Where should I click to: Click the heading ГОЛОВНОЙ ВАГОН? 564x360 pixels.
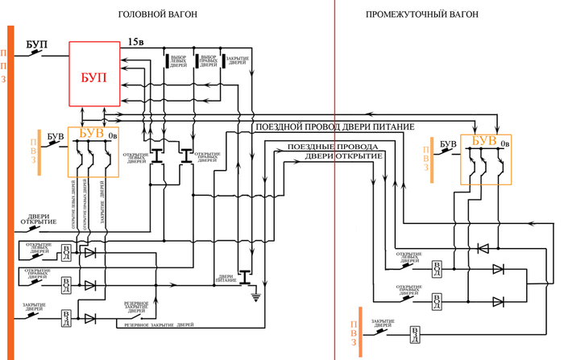pos(156,14)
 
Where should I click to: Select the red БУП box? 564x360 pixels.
pos(94,74)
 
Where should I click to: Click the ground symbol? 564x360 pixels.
pos(255,299)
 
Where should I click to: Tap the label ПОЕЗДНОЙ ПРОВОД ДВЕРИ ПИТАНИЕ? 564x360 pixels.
pos(334,127)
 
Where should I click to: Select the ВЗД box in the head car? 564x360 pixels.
pos(66,317)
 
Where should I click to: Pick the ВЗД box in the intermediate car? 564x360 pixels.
pos(415,333)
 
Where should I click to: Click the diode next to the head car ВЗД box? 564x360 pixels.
pos(89,318)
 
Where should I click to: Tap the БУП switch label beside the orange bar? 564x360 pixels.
pos(37,42)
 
